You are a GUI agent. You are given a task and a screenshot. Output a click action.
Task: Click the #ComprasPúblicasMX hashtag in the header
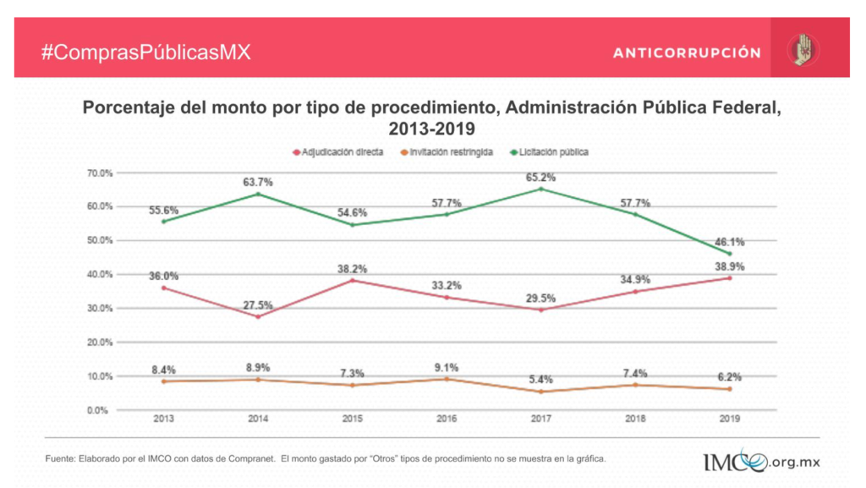(146, 52)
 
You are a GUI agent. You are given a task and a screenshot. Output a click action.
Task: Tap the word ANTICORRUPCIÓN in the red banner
(687, 52)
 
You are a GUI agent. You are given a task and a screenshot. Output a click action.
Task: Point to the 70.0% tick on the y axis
(99, 173)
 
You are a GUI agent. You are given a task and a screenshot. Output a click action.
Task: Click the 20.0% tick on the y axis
(99, 343)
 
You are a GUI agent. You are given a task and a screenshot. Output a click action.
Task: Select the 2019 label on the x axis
(729, 419)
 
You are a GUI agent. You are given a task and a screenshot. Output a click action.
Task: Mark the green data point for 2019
(729, 254)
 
